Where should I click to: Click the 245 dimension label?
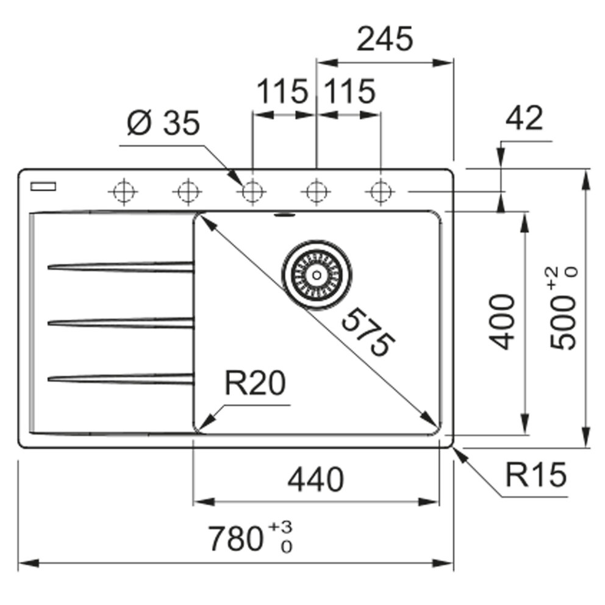click(x=385, y=41)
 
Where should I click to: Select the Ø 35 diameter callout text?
click(x=163, y=125)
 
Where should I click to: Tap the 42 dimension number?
click(x=524, y=119)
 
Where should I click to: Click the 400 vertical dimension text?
click(x=503, y=321)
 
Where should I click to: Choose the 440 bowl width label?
click(x=315, y=479)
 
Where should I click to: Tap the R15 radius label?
click(x=535, y=475)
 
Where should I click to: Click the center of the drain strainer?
click(x=316, y=274)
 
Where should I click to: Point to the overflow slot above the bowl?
click(x=284, y=214)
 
